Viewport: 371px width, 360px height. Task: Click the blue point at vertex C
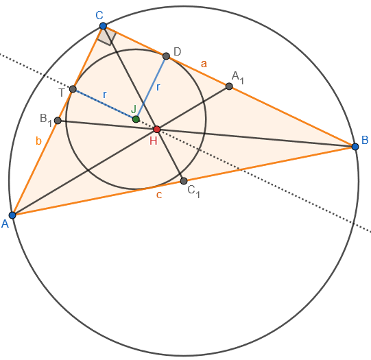[x=103, y=26]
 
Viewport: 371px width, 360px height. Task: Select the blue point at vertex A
[x=12, y=215]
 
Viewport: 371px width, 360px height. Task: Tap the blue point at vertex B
[x=355, y=147]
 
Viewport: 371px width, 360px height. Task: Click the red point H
[x=157, y=130]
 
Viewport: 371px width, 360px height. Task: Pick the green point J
[x=136, y=119]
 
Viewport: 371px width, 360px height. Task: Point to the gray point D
[x=167, y=56]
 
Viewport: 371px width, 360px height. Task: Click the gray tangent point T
[x=73, y=89]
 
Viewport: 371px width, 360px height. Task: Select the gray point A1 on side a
[x=229, y=86]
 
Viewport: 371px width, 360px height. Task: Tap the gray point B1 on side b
[x=58, y=121]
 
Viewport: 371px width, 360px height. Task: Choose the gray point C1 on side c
[x=184, y=181]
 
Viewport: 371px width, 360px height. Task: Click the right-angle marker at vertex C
[x=107, y=36]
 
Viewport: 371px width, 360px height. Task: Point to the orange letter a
[x=204, y=64]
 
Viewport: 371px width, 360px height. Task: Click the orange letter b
[x=38, y=141]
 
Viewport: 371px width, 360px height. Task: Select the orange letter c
[x=159, y=195]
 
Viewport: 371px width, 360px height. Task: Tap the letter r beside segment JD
[x=158, y=87]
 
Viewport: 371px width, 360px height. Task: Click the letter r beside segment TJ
[x=105, y=95]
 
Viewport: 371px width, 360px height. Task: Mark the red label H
[x=154, y=141]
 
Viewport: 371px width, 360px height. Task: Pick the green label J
[x=134, y=109]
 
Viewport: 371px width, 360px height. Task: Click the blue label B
[x=365, y=140]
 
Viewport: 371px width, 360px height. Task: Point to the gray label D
[x=177, y=51]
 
